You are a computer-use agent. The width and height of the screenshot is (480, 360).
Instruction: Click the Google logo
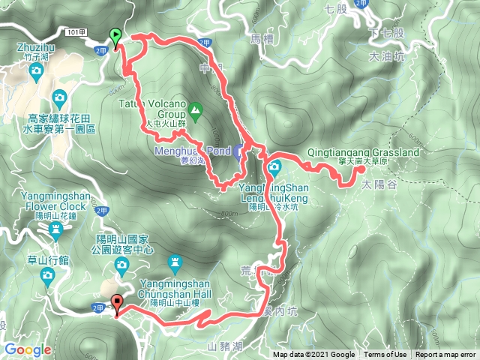[x=27, y=349]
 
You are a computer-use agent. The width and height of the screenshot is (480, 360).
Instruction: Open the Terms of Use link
[x=385, y=355]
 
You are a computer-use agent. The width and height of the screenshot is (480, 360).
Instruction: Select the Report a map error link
[x=445, y=355]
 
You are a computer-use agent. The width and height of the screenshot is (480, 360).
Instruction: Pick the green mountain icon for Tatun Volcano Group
[x=195, y=112]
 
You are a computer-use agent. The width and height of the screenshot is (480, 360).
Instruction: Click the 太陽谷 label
[x=376, y=182]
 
